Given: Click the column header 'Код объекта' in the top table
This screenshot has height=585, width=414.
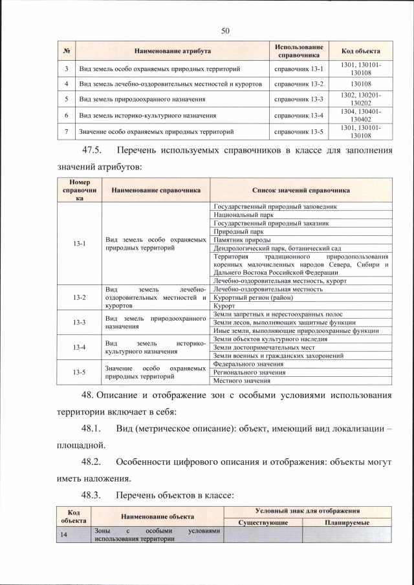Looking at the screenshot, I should tap(360, 50).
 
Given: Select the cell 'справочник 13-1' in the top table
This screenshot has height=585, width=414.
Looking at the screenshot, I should tap(299, 68).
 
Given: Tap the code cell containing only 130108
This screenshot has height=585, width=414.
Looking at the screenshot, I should tap(360, 84).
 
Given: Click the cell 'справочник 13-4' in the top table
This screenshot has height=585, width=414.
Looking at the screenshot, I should tap(299, 115).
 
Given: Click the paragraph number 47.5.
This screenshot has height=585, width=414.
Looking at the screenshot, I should tap(94, 151).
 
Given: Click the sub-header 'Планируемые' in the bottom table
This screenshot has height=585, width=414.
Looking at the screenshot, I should tap(347, 522).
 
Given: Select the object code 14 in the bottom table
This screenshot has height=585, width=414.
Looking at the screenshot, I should tap(64, 534).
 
